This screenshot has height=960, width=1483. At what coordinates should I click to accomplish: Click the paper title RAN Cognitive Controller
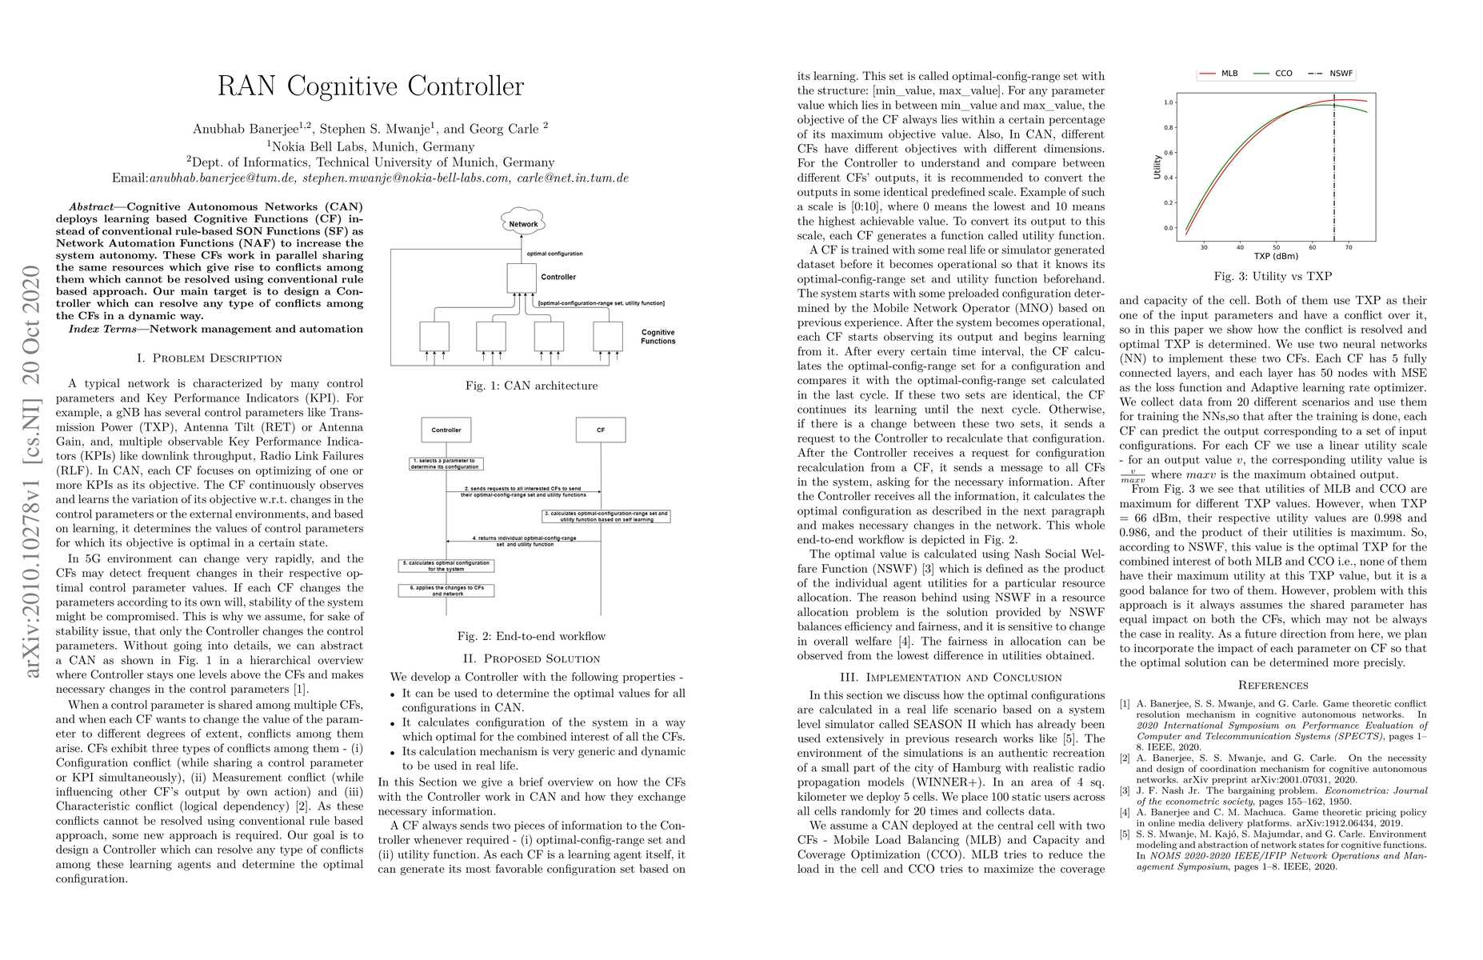[370, 86]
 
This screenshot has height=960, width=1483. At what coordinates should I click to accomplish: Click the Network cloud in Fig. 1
[523, 223]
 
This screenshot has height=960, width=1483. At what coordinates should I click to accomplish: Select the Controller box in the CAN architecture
[522, 278]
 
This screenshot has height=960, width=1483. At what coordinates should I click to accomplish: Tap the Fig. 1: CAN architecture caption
[532, 386]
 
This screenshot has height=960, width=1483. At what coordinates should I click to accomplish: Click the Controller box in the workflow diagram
[446, 430]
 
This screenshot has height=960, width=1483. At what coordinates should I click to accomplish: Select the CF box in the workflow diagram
[601, 430]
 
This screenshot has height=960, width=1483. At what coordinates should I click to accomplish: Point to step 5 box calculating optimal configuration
[446, 566]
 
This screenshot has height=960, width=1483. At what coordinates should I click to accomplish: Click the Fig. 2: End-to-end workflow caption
[531, 636]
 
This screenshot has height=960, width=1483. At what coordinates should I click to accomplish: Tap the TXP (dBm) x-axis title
[1277, 257]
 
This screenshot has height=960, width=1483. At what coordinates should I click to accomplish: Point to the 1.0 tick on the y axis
[1168, 102]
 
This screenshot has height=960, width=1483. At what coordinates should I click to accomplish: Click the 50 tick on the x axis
[1277, 246]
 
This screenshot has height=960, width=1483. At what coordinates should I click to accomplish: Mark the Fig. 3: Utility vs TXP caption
[1273, 276]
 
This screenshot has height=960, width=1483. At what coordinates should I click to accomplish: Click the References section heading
[1273, 685]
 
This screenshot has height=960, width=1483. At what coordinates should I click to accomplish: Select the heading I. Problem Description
[210, 358]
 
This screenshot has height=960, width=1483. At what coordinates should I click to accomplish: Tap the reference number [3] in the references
[1125, 790]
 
